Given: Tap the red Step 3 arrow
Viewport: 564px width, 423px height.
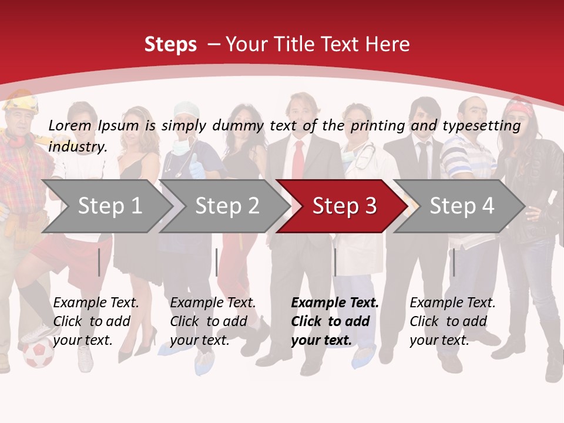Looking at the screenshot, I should [344, 206].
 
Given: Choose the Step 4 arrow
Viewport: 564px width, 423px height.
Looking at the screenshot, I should [462, 206].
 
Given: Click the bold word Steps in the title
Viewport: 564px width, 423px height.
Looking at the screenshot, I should [170, 45].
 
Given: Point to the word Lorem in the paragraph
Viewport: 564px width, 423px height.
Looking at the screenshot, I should [70, 125].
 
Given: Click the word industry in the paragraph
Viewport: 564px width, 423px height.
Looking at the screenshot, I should [77, 147].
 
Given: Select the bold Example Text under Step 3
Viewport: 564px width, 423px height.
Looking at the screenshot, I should [335, 303].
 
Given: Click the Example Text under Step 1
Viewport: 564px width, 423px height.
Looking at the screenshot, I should [96, 303].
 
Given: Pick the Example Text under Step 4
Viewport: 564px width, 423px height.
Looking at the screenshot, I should [452, 303].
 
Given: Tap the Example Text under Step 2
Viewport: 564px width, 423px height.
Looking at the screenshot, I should [213, 303].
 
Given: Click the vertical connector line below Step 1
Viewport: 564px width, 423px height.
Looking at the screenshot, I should [99, 262].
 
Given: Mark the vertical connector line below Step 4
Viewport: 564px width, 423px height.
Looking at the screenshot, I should [454, 262].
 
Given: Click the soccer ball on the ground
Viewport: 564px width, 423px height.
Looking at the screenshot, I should [38, 354].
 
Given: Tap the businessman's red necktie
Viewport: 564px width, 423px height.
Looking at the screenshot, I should [298, 159].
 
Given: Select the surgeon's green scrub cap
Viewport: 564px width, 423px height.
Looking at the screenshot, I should [187, 109].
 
